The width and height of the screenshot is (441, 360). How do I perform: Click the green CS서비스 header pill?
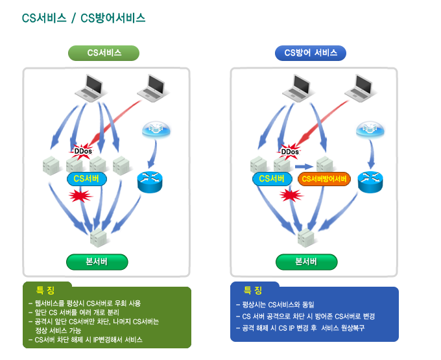(x=104, y=53)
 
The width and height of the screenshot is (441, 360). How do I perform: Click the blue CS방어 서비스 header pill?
(x=311, y=53)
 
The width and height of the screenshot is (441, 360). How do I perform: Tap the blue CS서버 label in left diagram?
(x=86, y=178)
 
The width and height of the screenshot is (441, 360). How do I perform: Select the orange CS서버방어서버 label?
(x=324, y=178)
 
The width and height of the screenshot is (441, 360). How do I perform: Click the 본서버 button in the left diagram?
(x=97, y=261)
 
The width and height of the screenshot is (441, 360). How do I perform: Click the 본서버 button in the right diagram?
(x=306, y=261)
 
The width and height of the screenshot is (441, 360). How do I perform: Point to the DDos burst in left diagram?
(x=83, y=151)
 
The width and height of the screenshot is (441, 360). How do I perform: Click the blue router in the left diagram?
(x=150, y=182)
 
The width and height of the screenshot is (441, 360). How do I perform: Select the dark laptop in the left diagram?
(x=91, y=86)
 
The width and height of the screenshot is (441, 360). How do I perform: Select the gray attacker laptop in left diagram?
(x=154, y=86)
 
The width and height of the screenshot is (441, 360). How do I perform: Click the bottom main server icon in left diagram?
(x=98, y=236)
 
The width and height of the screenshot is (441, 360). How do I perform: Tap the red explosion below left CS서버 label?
(x=80, y=195)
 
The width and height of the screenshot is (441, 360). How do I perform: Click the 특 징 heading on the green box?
(x=45, y=289)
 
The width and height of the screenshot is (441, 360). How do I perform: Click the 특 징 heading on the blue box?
(x=253, y=290)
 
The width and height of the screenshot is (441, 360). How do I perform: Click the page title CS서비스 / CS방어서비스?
(x=84, y=18)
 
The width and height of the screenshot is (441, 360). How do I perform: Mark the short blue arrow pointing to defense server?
(x=304, y=166)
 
